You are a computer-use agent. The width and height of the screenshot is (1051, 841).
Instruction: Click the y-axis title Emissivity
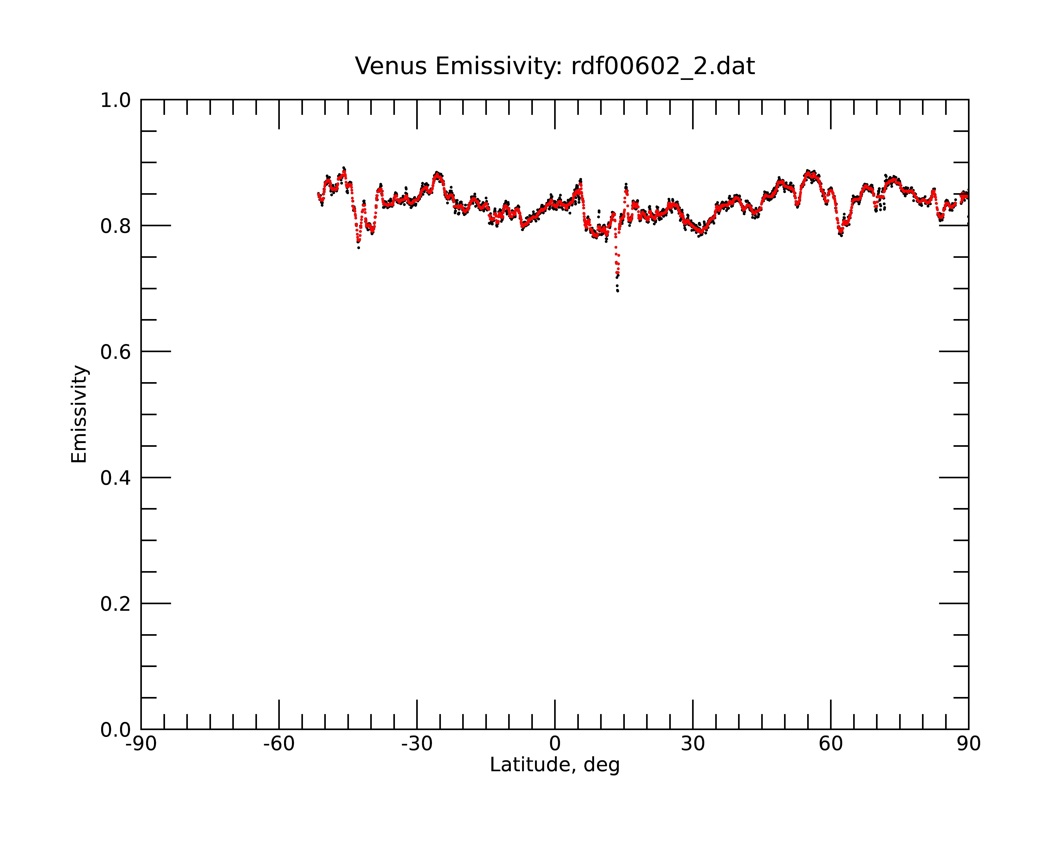[79, 414]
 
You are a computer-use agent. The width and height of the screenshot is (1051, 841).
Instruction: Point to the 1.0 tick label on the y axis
[116, 100]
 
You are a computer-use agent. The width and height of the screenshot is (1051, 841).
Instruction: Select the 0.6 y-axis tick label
[116, 352]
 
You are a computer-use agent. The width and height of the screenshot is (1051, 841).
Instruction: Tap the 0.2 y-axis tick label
[116, 604]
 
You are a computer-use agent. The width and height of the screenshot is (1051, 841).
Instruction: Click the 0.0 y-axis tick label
[116, 730]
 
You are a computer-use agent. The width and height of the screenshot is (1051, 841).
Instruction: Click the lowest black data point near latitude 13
[618, 291]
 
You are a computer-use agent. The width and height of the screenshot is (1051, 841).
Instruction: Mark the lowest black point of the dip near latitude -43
[359, 248]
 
